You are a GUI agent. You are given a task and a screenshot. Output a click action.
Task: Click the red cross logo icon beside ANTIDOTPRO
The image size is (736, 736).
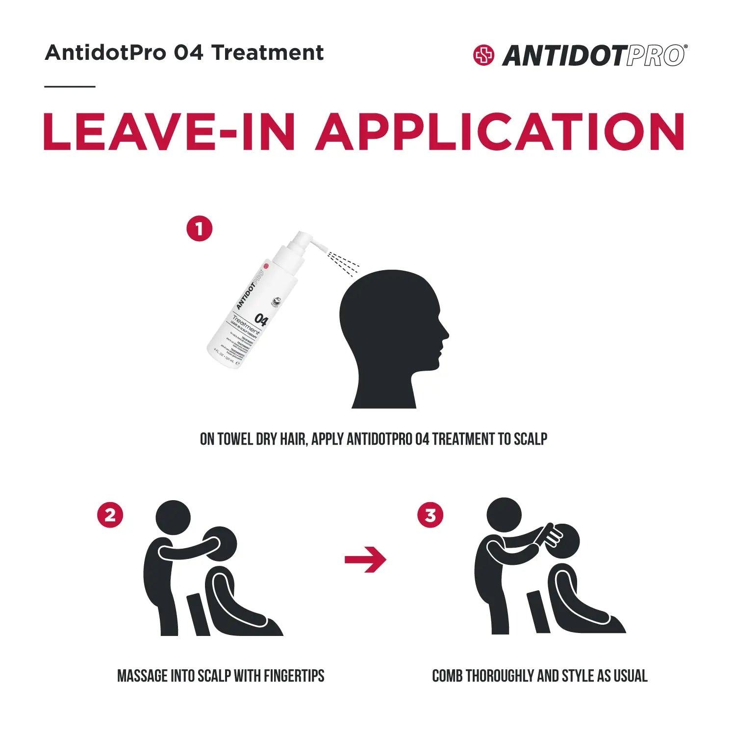click(x=483, y=55)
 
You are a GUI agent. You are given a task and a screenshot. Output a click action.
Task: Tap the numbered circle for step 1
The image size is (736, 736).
click(x=199, y=229)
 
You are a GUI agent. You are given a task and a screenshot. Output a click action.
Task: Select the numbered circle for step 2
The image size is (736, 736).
click(x=110, y=515)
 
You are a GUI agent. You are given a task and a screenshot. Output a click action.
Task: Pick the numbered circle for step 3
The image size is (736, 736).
click(x=430, y=515)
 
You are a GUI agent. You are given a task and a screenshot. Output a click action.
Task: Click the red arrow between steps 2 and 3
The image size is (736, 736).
click(x=365, y=559)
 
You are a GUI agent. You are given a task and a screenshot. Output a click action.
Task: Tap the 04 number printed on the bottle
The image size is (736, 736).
click(x=261, y=321)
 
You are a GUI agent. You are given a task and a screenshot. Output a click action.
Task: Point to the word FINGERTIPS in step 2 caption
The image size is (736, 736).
click(x=294, y=676)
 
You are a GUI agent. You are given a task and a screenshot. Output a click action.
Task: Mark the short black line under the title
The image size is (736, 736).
click(x=70, y=87)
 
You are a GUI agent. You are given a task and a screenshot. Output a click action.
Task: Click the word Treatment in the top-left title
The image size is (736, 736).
click(x=268, y=52)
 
